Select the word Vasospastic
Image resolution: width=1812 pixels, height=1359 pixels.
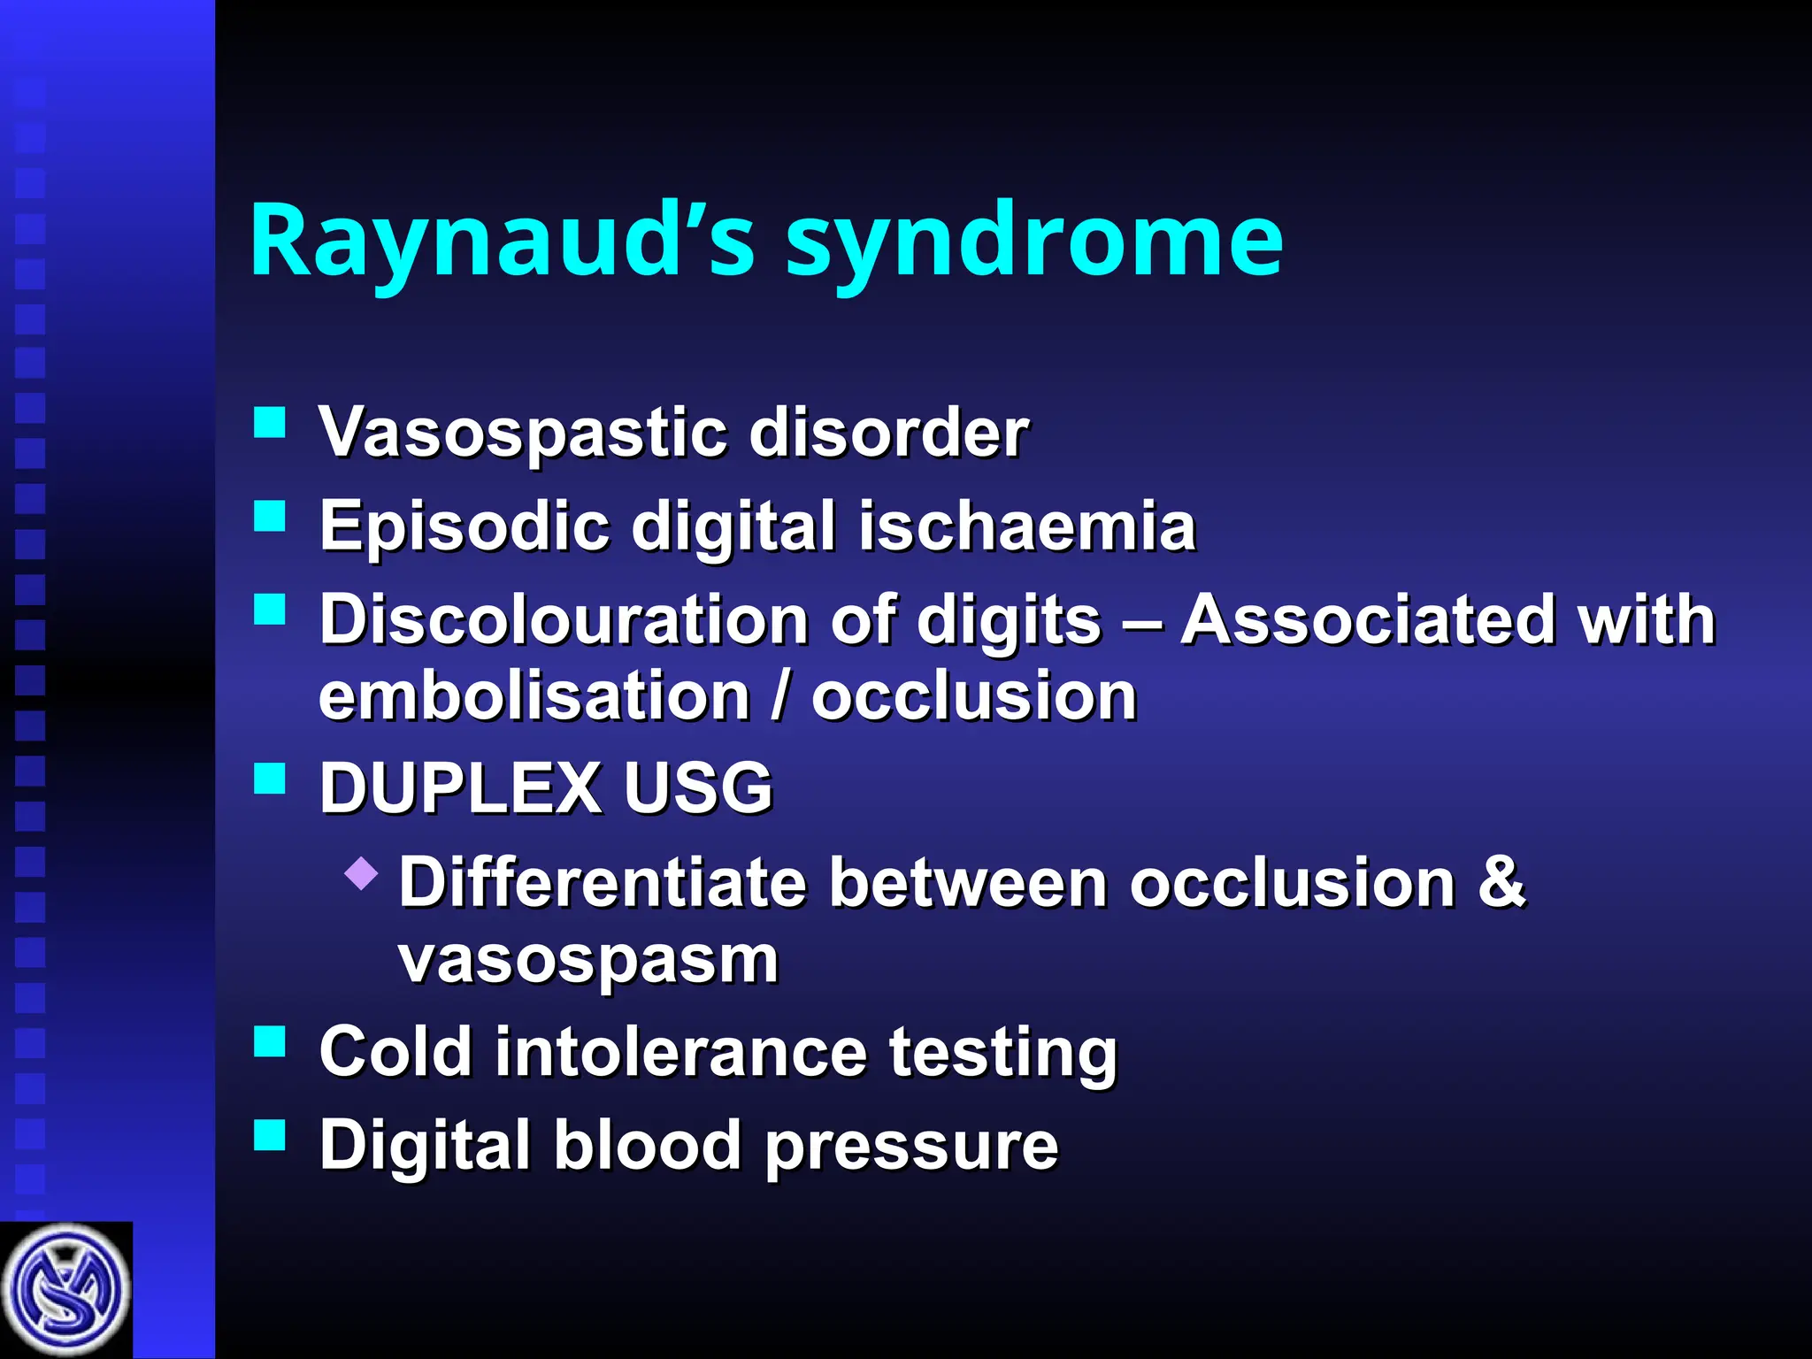(x=522, y=433)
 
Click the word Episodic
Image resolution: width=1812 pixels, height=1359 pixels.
(x=464, y=526)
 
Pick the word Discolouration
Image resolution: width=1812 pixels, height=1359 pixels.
(x=563, y=618)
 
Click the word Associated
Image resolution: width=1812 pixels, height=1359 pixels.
(x=1368, y=618)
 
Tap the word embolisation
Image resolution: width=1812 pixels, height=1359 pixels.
(x=534, y=695)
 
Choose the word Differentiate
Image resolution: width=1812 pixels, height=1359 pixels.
(x=602, y=882)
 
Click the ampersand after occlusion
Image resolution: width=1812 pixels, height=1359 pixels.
(x=1501, y=882)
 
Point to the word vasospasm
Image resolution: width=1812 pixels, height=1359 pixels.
(x=588, y=960)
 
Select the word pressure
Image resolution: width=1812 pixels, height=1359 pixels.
(x=911, y=1146)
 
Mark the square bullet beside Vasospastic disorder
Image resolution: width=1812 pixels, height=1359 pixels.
(x=270, y=423)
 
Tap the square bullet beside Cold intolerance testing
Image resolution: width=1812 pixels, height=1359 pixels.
(x=270, y=1041)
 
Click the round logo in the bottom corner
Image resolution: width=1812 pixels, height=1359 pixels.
(x=65, y=1290)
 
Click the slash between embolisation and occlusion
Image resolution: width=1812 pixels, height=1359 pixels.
(x=780, y=695)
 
